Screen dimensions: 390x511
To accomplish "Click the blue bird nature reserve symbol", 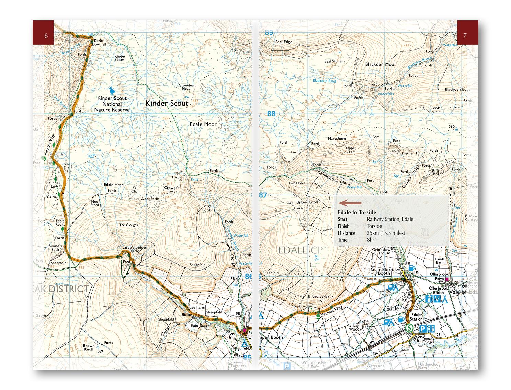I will [x=111, y=91].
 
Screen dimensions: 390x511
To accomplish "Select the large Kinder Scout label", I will [x=167, y=103].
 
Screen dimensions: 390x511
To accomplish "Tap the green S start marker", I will [x=409, y=328].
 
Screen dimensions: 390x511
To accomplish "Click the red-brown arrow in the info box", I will [x=349, y=203].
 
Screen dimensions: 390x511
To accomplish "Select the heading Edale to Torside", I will [x=356, y=212].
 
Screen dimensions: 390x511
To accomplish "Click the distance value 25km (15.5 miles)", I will [x=386, y=233].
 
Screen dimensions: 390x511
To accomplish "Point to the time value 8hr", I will [x=370, y=240].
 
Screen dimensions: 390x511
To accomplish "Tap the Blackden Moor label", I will [x=381, y=64].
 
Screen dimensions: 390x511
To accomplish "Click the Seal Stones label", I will [x=333, y=61].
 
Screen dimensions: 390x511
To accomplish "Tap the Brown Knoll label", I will [x=89, y=348].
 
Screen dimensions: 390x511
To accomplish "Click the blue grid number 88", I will [x=271, y=113].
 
